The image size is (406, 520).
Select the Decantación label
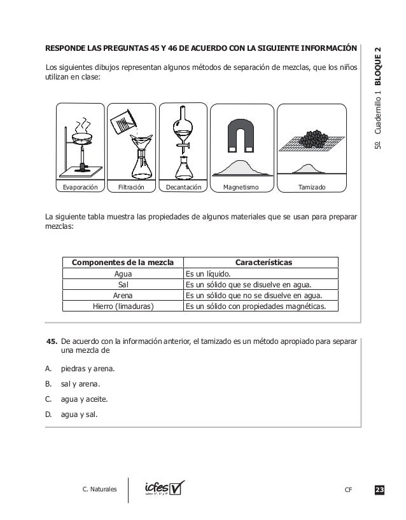point(183,188)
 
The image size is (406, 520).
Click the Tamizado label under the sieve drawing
point(312,188)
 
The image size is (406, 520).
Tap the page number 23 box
point(379,489)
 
